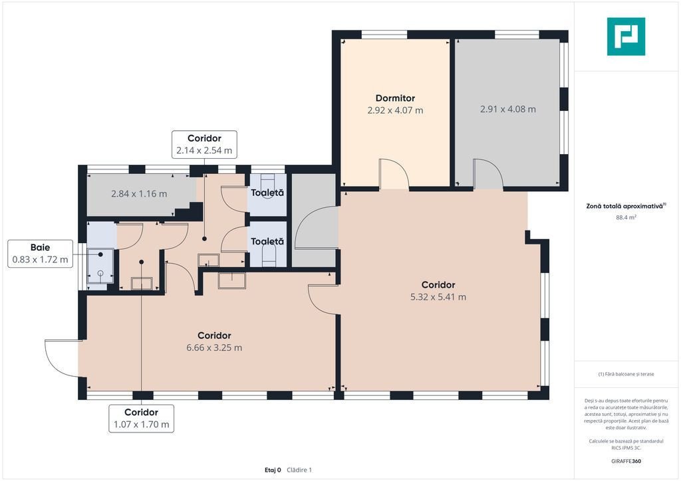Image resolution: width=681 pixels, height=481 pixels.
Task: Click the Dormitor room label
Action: coord(395,98)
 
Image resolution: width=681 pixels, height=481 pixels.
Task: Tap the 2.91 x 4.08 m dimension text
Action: coord(507,110)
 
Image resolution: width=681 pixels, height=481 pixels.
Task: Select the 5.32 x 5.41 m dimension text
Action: coord(438,297)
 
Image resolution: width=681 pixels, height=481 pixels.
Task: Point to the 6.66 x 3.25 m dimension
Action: coord(214,348)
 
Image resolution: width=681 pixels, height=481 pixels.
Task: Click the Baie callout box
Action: coord(40,254)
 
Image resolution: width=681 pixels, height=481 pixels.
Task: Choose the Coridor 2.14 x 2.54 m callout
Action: coord(204,144)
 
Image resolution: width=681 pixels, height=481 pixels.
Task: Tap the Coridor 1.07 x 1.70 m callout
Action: coord(141,419)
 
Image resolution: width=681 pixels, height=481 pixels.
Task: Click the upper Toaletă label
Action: coord(267,193)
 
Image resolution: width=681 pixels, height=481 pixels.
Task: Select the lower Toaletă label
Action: coord(267,242)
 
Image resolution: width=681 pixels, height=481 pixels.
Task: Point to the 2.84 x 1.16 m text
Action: coord(139,194)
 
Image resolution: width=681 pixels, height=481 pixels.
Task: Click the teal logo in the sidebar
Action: coord(626,37)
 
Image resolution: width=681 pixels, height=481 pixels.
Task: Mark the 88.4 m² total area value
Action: coord(626,217)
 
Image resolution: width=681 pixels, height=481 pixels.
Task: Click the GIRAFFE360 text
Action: coord(626,461)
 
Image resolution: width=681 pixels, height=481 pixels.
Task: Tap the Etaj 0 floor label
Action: coord(273,470)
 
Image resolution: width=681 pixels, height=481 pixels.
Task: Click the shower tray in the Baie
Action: coord(100,266)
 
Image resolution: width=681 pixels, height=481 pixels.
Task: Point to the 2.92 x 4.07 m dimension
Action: coord(395,110)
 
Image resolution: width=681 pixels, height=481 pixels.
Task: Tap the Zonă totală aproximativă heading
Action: coord(626,207)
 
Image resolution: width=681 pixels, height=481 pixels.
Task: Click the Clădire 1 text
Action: coord(299,470)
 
